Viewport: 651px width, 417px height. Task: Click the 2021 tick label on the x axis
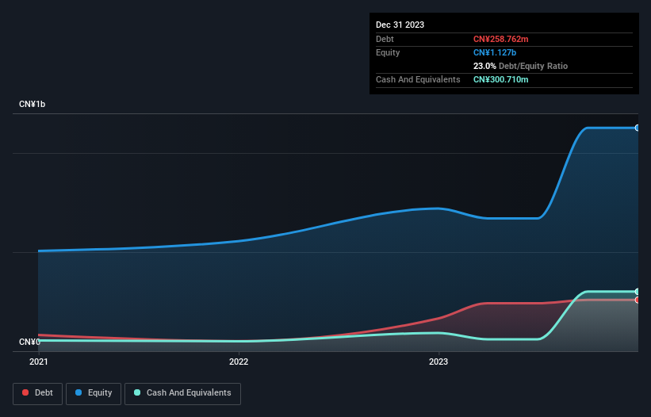click(x=38, y=362)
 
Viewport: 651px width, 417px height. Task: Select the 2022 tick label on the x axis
click(x=238, y=362)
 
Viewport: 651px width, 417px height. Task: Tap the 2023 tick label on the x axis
click(x=438, y=362)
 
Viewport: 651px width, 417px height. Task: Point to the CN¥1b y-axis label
click(x=33, y=105)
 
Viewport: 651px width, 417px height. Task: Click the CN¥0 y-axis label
click(x=29, y=342)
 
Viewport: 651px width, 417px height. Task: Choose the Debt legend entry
click(x=37, y=392)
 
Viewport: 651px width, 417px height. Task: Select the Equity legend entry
click(x=94, y=392)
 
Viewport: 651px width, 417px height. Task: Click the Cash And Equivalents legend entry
click(x=182, y=392)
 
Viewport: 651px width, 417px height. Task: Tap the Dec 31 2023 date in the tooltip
click(x=400, y=25)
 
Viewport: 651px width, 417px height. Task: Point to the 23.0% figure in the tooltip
click(x=484, y=66)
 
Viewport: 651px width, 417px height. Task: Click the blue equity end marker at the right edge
click(x=637, y=128)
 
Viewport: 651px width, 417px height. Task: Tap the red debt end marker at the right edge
click(x=637, y=300)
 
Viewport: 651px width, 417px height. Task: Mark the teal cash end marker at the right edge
click(x=637, y=292)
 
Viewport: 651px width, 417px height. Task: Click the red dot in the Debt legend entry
click(x=25, y=392)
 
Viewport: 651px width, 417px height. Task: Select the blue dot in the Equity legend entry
click(x=79, y=392)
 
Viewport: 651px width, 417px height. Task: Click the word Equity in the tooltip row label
click(x=388, y=52)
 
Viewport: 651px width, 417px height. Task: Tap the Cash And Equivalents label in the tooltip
click(x=418, y=79)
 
